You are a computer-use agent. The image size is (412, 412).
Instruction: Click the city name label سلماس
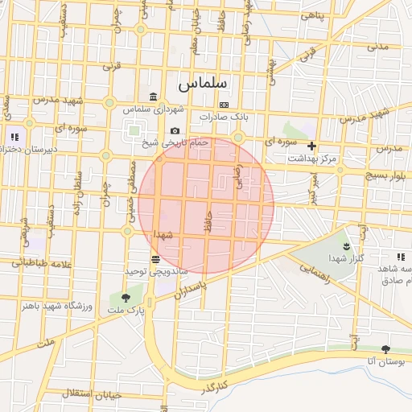coord(203,83)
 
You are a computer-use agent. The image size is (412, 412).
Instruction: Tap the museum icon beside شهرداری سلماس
coord(152,97)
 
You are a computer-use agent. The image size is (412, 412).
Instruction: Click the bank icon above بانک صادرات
coord(224,105)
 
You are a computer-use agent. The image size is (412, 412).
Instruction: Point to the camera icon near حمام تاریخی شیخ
coord(175,131)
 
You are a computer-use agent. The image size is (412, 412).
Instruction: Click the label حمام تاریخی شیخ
coord(175,142)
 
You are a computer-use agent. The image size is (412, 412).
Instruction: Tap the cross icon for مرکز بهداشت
coord(311,146)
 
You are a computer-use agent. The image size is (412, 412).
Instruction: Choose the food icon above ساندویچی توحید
coord(154,259)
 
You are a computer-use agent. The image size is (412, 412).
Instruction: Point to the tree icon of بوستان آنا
coord(385,350)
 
